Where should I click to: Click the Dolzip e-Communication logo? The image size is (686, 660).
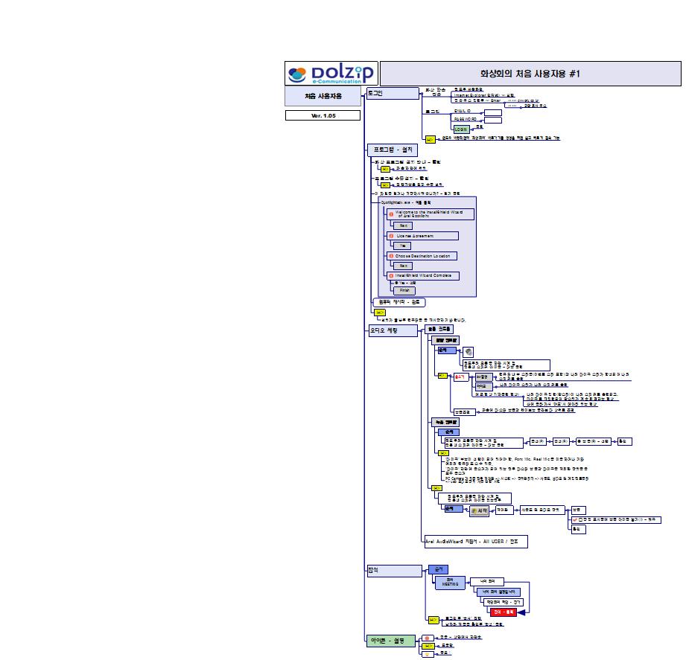pyautogui.click(x=331, y=74)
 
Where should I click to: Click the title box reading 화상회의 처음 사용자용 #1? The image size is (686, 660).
pyautogui.click(x=530, y=74)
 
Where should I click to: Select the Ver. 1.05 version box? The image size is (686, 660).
pyautogui.click(x=323, y=115)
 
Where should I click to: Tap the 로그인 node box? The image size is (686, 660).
pyautogui.click(x=393, y=93)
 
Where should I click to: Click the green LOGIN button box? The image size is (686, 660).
pyautogui.click(x=462, y=128)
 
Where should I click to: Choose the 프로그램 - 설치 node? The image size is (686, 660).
pyautogui.click(x=396, y=150)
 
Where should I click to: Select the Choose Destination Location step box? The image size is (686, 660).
pyautogui.click(x=422, y=256)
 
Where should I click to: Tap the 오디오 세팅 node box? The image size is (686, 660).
pyautogui.click(x=393, y=331)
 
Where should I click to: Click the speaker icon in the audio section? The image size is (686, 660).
pyautogui.click(x=469, y=351)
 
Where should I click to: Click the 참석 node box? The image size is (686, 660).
pyautogui.click(x=393, y=571)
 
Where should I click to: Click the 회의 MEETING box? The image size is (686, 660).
pyautogui.click(x=449, y=582)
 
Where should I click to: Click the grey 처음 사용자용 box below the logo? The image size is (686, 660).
pyautogui.click(x=323, y=97)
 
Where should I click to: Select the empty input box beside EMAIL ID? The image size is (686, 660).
pyautogui.click(x=493, y=113)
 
